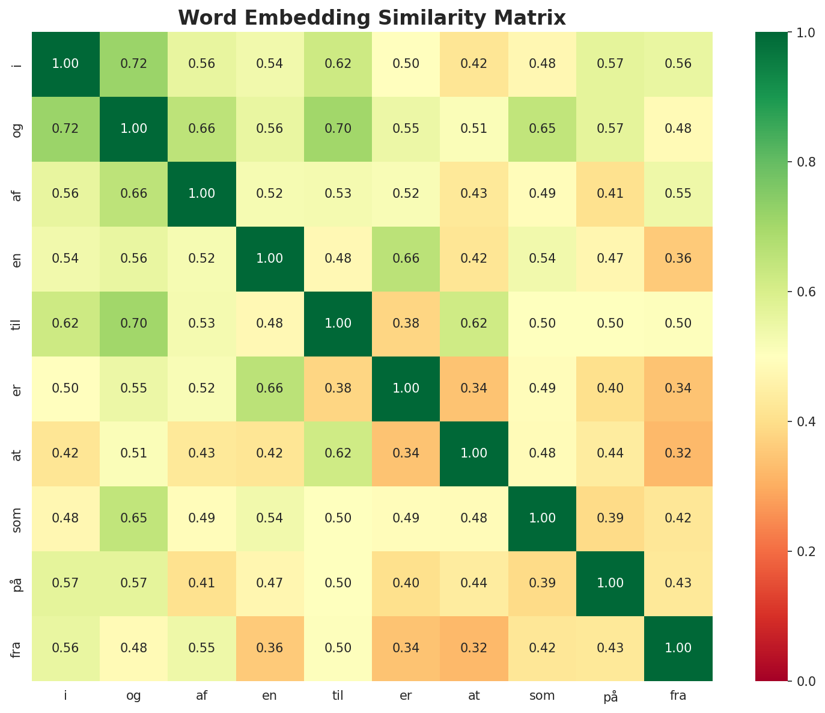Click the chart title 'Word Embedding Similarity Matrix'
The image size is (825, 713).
tap(372, 18)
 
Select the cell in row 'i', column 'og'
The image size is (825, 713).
tap(133, 64)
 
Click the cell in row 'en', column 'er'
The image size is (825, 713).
tap(406, 259)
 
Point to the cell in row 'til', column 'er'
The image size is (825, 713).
tap(406, 323)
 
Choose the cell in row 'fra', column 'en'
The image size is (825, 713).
tap(270, 648)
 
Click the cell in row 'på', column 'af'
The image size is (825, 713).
tap(202, 583)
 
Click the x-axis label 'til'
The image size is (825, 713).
tap(338, 696)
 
